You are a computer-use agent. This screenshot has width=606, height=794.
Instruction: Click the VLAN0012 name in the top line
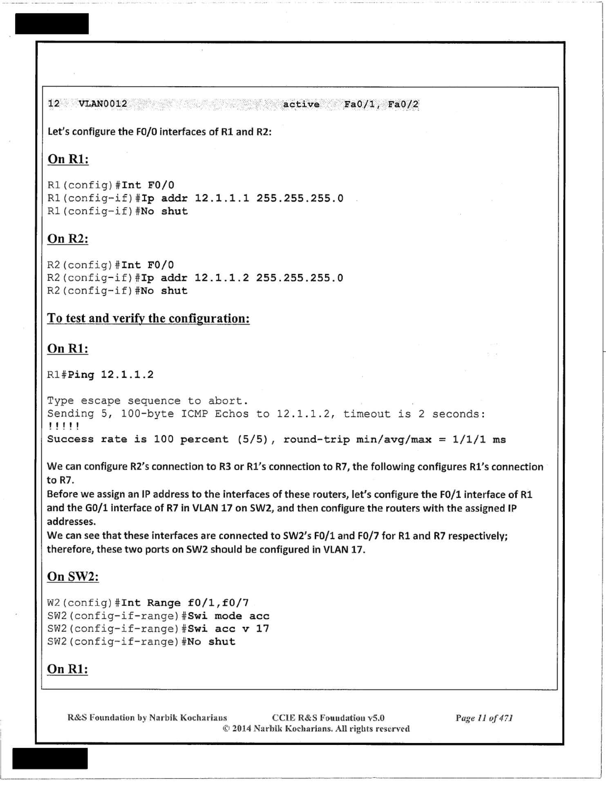click(x=103, y=104)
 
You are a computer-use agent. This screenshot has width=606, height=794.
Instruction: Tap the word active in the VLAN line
click(x=301, y=105)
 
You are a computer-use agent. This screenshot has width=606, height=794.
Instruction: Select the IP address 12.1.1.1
click(x=221, y=198)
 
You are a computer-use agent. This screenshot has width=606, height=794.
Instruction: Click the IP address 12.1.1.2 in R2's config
click(x=221, y=278)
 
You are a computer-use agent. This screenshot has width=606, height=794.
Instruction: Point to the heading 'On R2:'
click(x=68, y=239)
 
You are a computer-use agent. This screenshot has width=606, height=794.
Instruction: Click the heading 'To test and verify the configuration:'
click(x=148, y=318)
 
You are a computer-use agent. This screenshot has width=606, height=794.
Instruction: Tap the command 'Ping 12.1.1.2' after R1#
click(x=111, y=375)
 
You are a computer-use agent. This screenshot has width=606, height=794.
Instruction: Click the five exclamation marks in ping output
click(x=63, y=426)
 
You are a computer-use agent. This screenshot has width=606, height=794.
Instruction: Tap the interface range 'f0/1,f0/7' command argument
click(x=218, y=603)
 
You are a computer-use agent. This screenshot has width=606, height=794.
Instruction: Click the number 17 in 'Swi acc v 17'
click(x=262, y=629)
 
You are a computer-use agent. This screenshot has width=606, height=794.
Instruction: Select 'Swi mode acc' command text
click(x=228, y=616)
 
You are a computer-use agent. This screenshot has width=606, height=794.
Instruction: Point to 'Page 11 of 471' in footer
click(x=484, y=718)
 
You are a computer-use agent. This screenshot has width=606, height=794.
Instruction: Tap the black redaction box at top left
click(x=52, y=24)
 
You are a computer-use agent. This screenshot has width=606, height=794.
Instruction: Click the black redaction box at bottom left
click(x=50, y=758)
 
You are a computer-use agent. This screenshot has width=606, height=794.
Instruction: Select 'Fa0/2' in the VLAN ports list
click(x=403, y=105)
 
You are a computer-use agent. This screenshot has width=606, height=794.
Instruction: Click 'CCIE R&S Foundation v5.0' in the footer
click(x=328, y=718)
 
